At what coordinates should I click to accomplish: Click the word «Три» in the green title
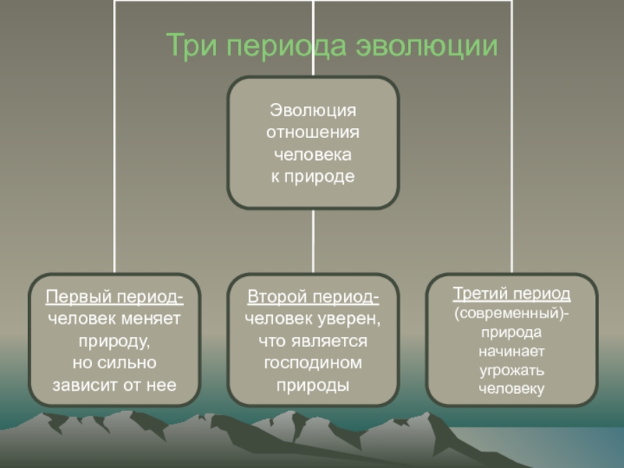(x=191, y=44)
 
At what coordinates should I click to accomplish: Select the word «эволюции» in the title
(x=427, y=45)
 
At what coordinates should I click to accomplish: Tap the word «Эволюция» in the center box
(x=313, y=110)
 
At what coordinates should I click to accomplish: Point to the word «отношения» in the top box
(x=313, y=132)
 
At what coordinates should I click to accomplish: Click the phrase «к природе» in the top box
(x=313, y=176)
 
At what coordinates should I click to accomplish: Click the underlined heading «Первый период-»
(x=115, y=297)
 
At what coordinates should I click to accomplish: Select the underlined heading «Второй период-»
(x=314, y=297)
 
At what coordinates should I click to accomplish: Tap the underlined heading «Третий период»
(x=512, y=294)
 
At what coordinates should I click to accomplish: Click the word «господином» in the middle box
(x=314, y=363)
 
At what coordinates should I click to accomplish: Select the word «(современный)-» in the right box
(x=512, y=314)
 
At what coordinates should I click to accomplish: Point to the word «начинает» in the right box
(x=512, y=352)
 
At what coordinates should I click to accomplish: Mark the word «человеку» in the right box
(x=512, y=388)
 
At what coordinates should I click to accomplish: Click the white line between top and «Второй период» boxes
(x=314, y=241)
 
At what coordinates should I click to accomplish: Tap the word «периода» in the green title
(x=286, y=46)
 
